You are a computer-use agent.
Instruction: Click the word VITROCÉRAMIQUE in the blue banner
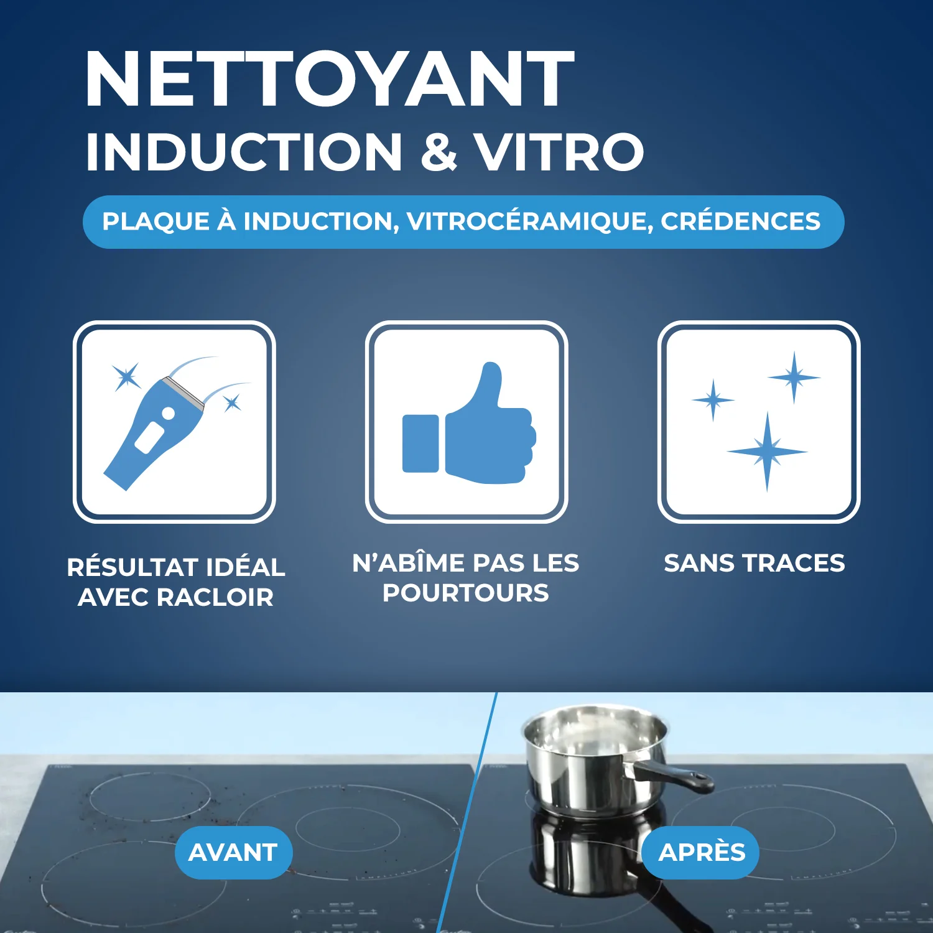click(529, 221)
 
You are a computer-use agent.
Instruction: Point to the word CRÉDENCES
click(740, 221)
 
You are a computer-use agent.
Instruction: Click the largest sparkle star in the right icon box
click(767, 451)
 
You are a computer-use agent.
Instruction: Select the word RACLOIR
click(215, 597)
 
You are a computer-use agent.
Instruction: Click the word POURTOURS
click(465, 593)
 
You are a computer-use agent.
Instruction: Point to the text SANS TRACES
click(754, 563)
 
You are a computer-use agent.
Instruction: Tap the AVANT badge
click(233, 852)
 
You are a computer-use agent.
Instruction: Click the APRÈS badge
click(702, 852)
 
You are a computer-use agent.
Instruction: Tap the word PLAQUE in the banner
click(155, 221)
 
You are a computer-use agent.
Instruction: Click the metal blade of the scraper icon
click(184, 392)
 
